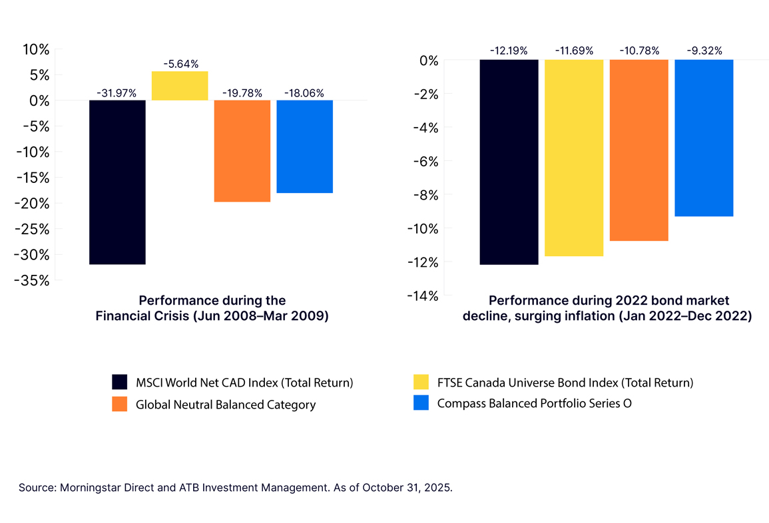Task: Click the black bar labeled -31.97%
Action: click(117, 182)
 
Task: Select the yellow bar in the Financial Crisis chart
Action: click(180, 86)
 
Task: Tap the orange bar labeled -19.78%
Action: click(242, 151)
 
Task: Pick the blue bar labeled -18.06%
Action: click(304, 146)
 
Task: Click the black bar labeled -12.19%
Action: click(509, 162)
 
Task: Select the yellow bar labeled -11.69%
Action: click(574, 158)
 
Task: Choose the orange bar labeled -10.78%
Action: click(639, 150)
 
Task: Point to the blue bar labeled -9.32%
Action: click(704, 138)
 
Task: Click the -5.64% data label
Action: click(180, 65)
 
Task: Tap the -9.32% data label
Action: click(704, 51)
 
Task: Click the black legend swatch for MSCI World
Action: click(119, 383)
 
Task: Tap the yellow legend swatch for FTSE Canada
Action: click(421, 383)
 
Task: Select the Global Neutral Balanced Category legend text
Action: click(226, 405)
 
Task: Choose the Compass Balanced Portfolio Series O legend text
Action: click(534, 403)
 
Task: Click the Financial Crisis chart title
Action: click(212, 309)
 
